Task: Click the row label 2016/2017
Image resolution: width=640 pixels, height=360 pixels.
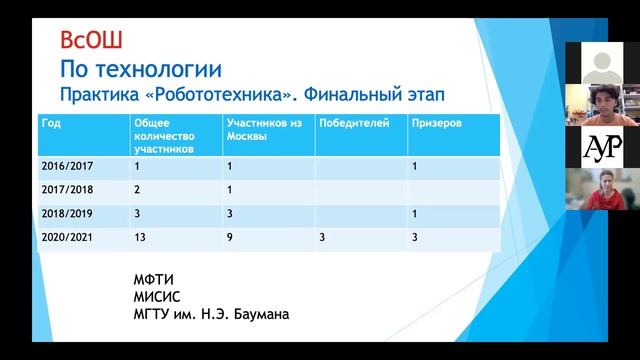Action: pyautogui.click(x=65, y=166)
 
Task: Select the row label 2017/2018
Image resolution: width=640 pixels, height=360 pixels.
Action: pyautogui.click(x=65, y=189)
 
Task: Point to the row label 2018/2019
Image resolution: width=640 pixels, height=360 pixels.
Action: pyautogui.click(x=65, y=214)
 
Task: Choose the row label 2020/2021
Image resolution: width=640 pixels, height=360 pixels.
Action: pyautogui.click(x=65, y=239)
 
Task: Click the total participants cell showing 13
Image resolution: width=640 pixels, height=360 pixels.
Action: pyautogui.click(x=140, y=239)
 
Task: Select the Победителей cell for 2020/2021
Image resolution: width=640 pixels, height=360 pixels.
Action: pyautogui.click(x=322, y=239)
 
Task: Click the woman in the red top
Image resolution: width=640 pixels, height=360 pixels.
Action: pyautogui.click(x=602, y=189)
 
